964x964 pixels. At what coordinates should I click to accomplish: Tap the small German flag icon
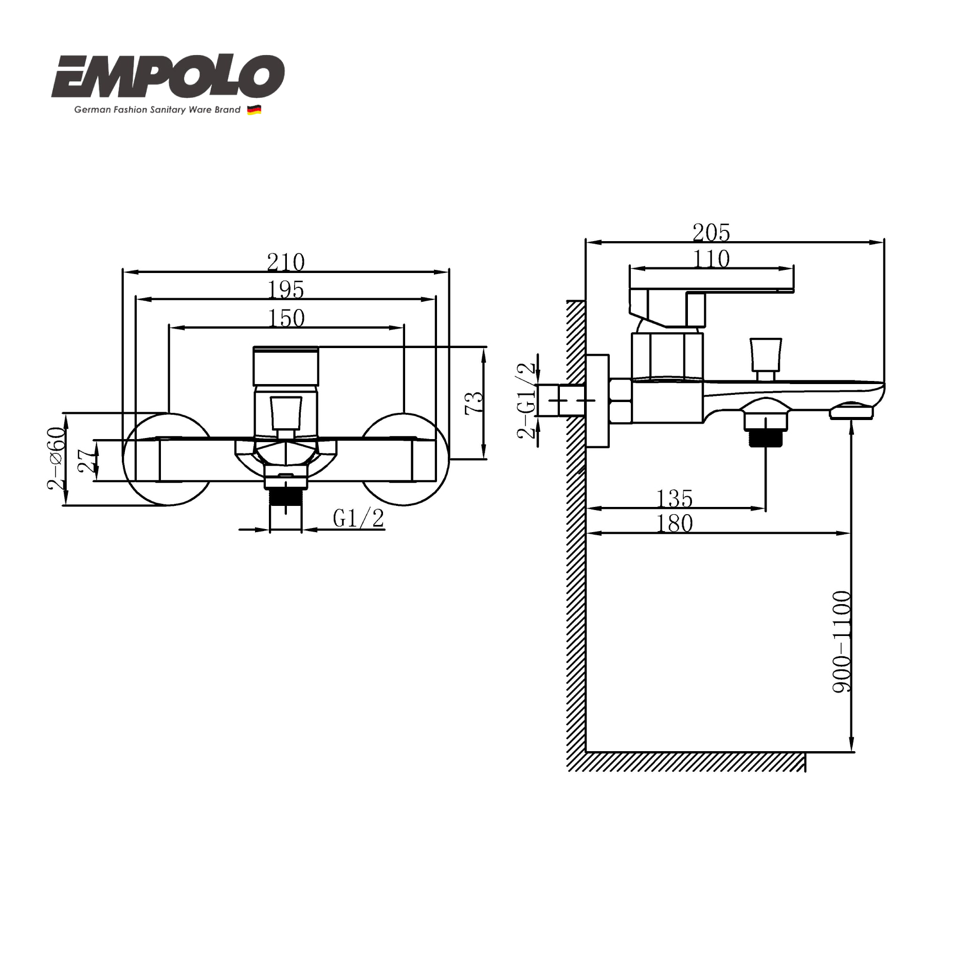[x=254, y=110]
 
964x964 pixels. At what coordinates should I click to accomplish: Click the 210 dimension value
[x=286, y=262]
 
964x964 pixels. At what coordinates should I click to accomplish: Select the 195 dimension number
[x=286, y=290]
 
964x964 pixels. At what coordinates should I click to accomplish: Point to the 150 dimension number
[x=286, y=318]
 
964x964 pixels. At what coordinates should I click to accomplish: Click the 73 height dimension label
[x=474, y=403]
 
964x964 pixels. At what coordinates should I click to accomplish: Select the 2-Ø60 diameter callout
[x=57, y=458]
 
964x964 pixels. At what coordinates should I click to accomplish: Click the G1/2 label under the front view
[x=358, y=518]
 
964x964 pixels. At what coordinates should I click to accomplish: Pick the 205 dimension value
[x=711, y=232]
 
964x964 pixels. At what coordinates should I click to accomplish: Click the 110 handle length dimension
[x=711, y=259]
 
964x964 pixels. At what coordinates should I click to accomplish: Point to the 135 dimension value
[x=675, y=498]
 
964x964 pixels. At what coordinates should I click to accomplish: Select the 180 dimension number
[x=675, y=524]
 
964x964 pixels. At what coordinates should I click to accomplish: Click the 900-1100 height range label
[x=842, y=641]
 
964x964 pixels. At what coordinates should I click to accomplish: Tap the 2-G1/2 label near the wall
[x=526, y=401]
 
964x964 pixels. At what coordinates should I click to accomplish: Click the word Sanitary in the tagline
[x=168, y=110]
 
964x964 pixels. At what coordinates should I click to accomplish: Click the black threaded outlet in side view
[x=766, y=438]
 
